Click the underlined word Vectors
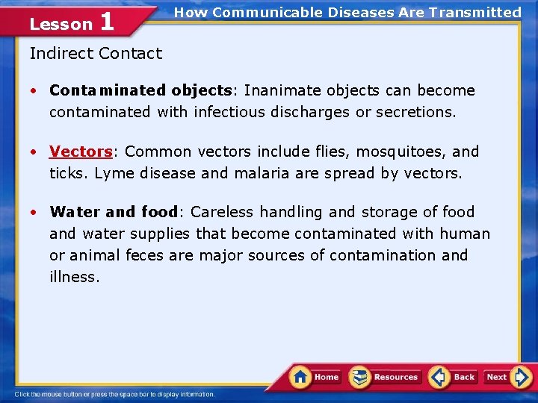point(80,151)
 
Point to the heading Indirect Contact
point(96,53)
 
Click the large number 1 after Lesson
point(107,22)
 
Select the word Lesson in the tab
point(60,24)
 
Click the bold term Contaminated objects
point(140,90)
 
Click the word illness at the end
point(73,277)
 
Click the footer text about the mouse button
point(114,394)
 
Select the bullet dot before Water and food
point(34,212)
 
